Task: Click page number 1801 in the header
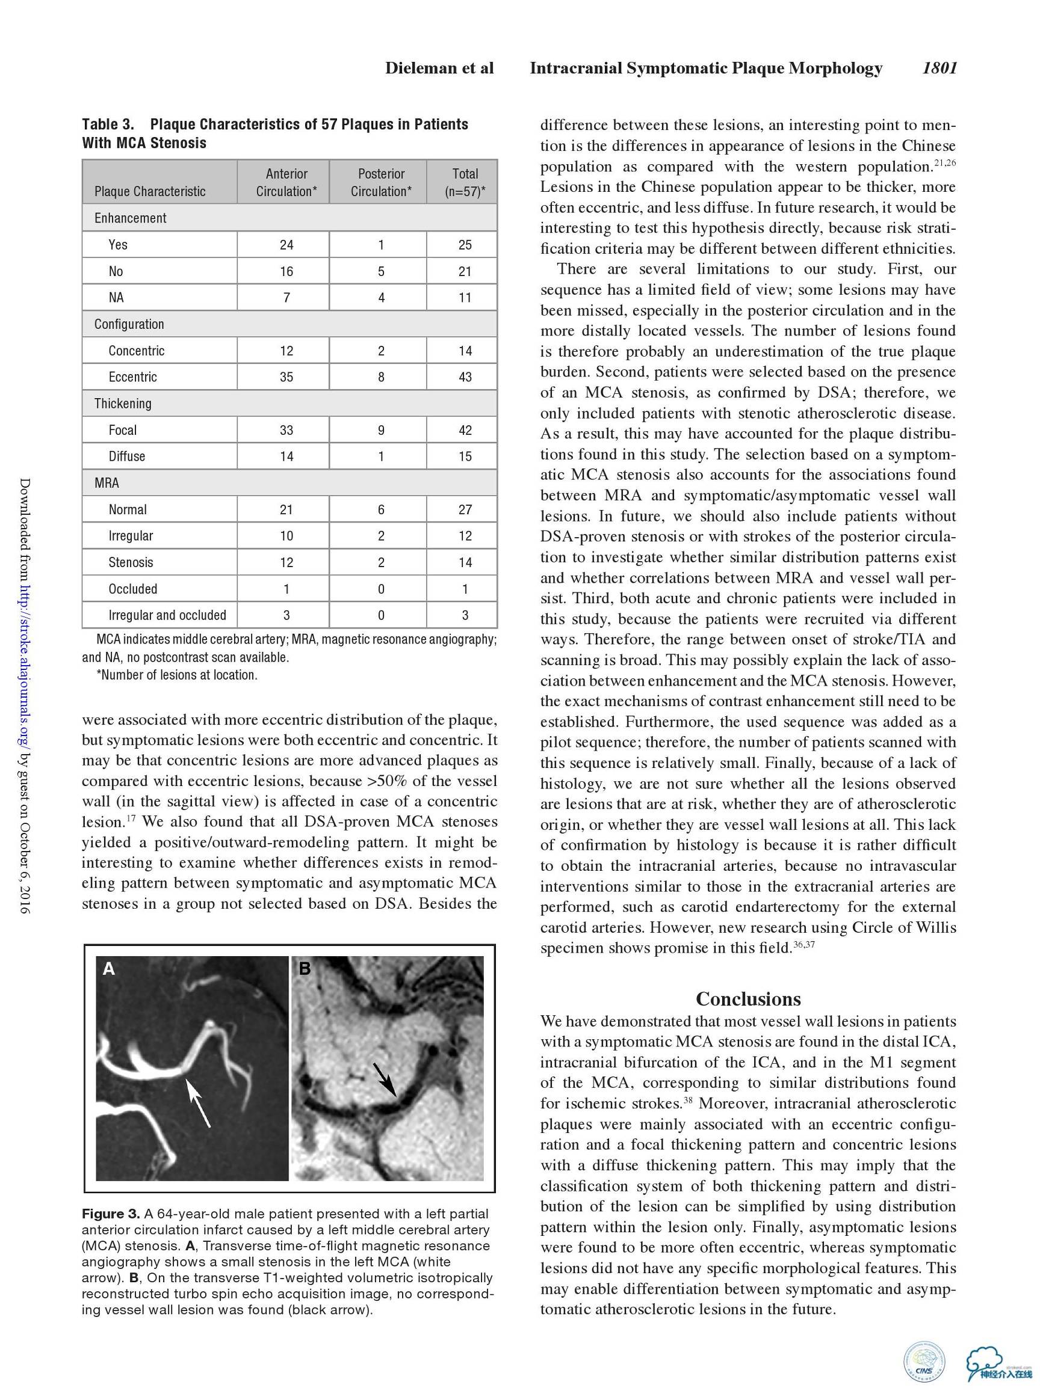click(x=939, y=68)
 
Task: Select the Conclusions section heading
click(x=748, y=999)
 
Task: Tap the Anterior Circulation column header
click(x=286, y=182)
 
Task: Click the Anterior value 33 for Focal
click(x=286, y=430)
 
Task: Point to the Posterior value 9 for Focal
click(x=380, y=430)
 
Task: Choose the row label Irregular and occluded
click(x=167, y=615)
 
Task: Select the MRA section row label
click(x=107, y=483)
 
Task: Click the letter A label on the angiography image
click(x=109, y=968)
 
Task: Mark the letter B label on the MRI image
click(x=305, y=968)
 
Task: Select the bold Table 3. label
click(x=108, y=124)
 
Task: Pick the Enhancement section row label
click(x=130, y=218)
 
